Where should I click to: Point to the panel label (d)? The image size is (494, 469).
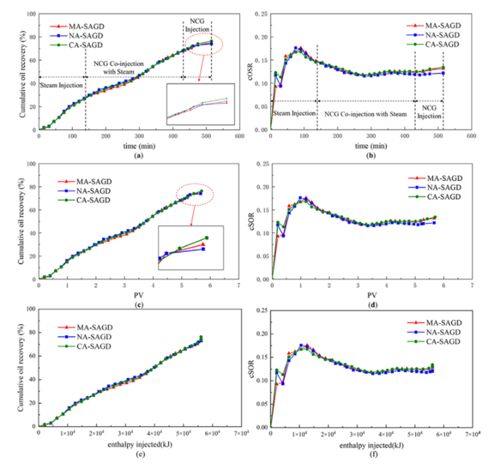coord(372,305)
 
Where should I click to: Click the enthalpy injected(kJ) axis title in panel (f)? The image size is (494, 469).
coord(372,445)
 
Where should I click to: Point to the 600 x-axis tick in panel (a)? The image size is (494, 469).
coord(239,138)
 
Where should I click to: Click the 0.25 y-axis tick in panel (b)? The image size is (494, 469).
coord(261,14)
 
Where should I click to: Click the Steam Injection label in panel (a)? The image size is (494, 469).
coord(61,86)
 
